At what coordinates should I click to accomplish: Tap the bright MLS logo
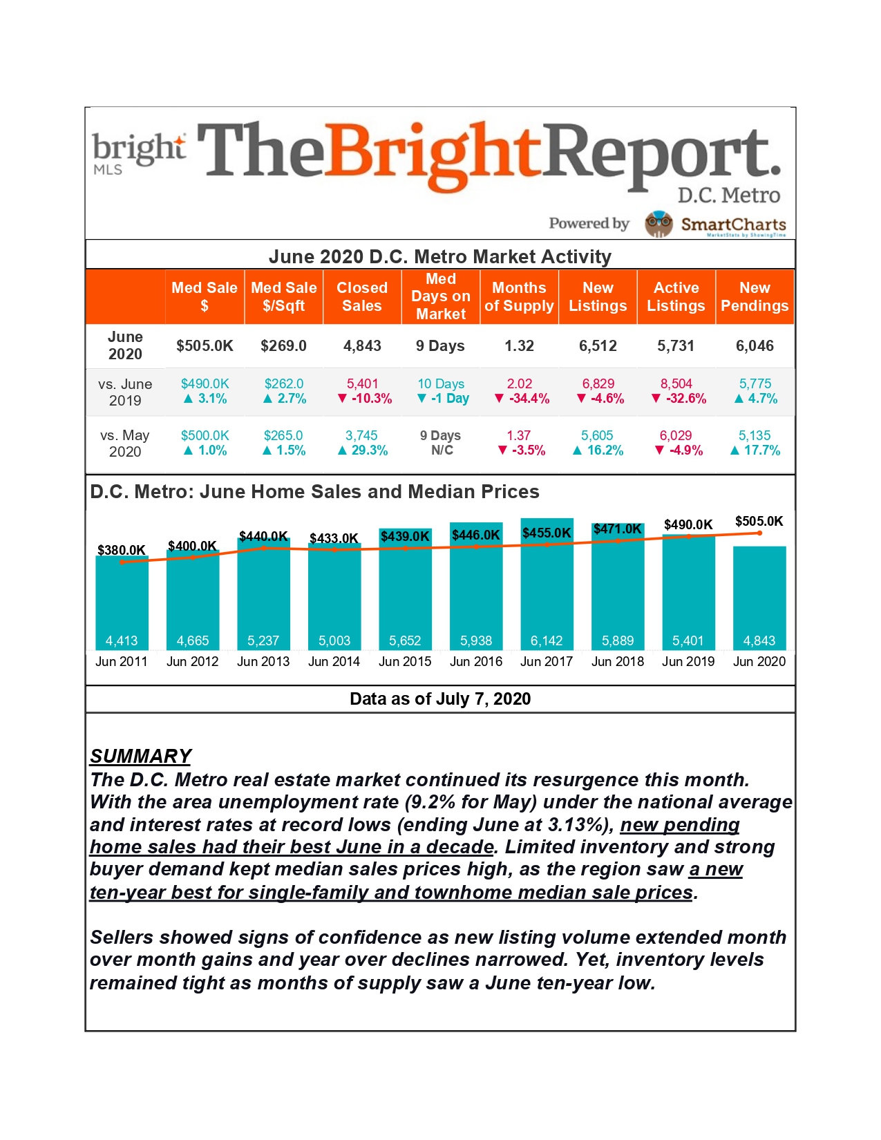coord(139,153)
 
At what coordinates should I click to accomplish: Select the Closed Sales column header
coord(362,296)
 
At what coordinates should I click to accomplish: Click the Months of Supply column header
coord(519,296)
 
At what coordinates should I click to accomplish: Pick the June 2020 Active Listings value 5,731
coord(676,345)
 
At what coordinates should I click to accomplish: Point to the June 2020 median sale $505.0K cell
coord(205,345)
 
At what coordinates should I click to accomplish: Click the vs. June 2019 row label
coord(125,392)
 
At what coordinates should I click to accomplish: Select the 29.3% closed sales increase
coord(363,450)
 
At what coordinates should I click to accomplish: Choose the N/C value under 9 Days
coord(442,450)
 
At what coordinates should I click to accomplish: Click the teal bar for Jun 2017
coord(547,584)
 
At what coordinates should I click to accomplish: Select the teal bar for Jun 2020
coord(759,598)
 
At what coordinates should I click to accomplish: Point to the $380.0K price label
coord(121,550)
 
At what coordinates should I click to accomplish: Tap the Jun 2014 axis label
coord(334,662)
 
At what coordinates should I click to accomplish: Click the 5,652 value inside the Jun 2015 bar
coord(404,640)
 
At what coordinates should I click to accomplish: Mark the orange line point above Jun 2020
coord(759,533)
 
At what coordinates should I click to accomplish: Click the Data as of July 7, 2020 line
coord(440,699)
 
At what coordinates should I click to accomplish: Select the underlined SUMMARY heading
coord(141,756)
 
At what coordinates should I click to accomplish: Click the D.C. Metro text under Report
coord(729,196)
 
